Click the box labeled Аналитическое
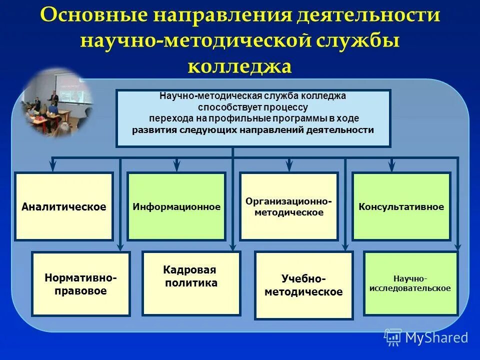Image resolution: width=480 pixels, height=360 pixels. [x=64, y=206]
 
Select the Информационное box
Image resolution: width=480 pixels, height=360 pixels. [x=176, y=206]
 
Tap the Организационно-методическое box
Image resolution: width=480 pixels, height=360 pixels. [x=289, y=206]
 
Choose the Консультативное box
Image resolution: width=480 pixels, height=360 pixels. [x=401, y=206]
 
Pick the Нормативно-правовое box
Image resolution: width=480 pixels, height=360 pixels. [x=81, y=284]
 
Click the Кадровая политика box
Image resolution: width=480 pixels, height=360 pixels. [x=191, y=283]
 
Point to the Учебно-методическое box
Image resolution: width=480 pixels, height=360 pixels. [x=303, y=285]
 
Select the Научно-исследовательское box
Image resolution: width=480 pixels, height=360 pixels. [x=410, y=283]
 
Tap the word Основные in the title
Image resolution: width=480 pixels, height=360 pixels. [x=95, y=15]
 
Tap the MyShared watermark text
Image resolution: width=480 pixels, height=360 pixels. [x=436, y=337]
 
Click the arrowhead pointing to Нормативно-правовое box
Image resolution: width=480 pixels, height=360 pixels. [x=120, y=246]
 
